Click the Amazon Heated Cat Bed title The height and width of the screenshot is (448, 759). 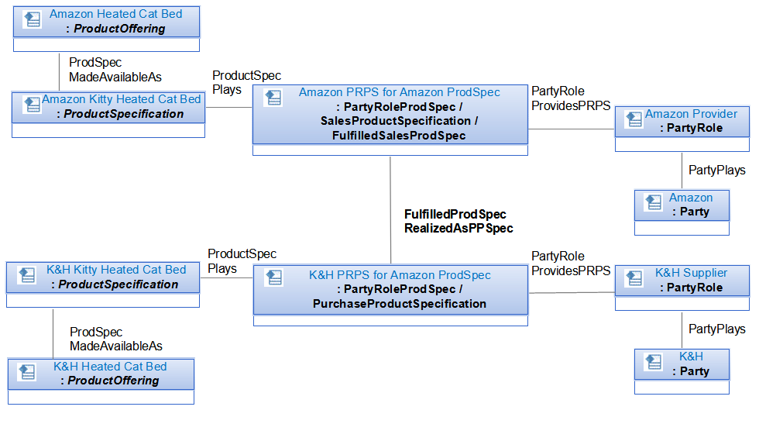pyautogui.click(x=115, y=14)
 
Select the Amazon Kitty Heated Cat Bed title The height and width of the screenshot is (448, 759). pyautogui.click(x=121, y=99)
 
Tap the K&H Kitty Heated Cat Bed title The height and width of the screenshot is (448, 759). pyautogui.click(x=116, y=270)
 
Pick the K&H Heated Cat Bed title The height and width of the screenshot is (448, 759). pyautogui.click(x=110, y=367)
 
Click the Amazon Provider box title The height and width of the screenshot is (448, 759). pyautogui.click(x=691, y=114)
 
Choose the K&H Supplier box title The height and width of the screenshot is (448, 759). pyautogui.click(x=691, y=273)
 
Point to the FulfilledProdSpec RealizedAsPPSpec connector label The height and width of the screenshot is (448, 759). pyautogui.click(x=458, y=222)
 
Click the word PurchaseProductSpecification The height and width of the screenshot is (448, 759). pyautogui.click(x=400, y=304)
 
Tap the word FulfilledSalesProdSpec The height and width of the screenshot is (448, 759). pyautogui.click(x=399, y=136)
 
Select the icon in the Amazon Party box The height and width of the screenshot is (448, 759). pyautogui.click(x=654, y=202)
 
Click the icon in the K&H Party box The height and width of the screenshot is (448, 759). pyautogui.click(x=654, y=361)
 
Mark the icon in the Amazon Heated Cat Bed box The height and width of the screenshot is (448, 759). pyautogui.click(x=33, y=19)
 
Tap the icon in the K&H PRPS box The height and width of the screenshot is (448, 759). pyautogui.click(x=274, y=277)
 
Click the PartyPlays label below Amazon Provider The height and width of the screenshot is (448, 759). pyautogui.click(x=717, y=170)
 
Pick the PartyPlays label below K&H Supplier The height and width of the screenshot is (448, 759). pyautogui.click(x=717, y=329)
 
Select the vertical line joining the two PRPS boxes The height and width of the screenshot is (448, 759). pyautogui.click(x=390, y=210)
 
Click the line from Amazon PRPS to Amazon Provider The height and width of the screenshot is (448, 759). pyautogui.click(x=572, y=129)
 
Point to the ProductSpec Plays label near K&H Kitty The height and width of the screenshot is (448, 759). pyautogui.click(x=242, y=261)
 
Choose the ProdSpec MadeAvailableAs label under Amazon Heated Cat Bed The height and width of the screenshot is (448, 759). pyautogui.click(x=115, y=70)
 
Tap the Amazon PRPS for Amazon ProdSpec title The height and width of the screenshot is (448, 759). pyautogui.click(x=400, y=92)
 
